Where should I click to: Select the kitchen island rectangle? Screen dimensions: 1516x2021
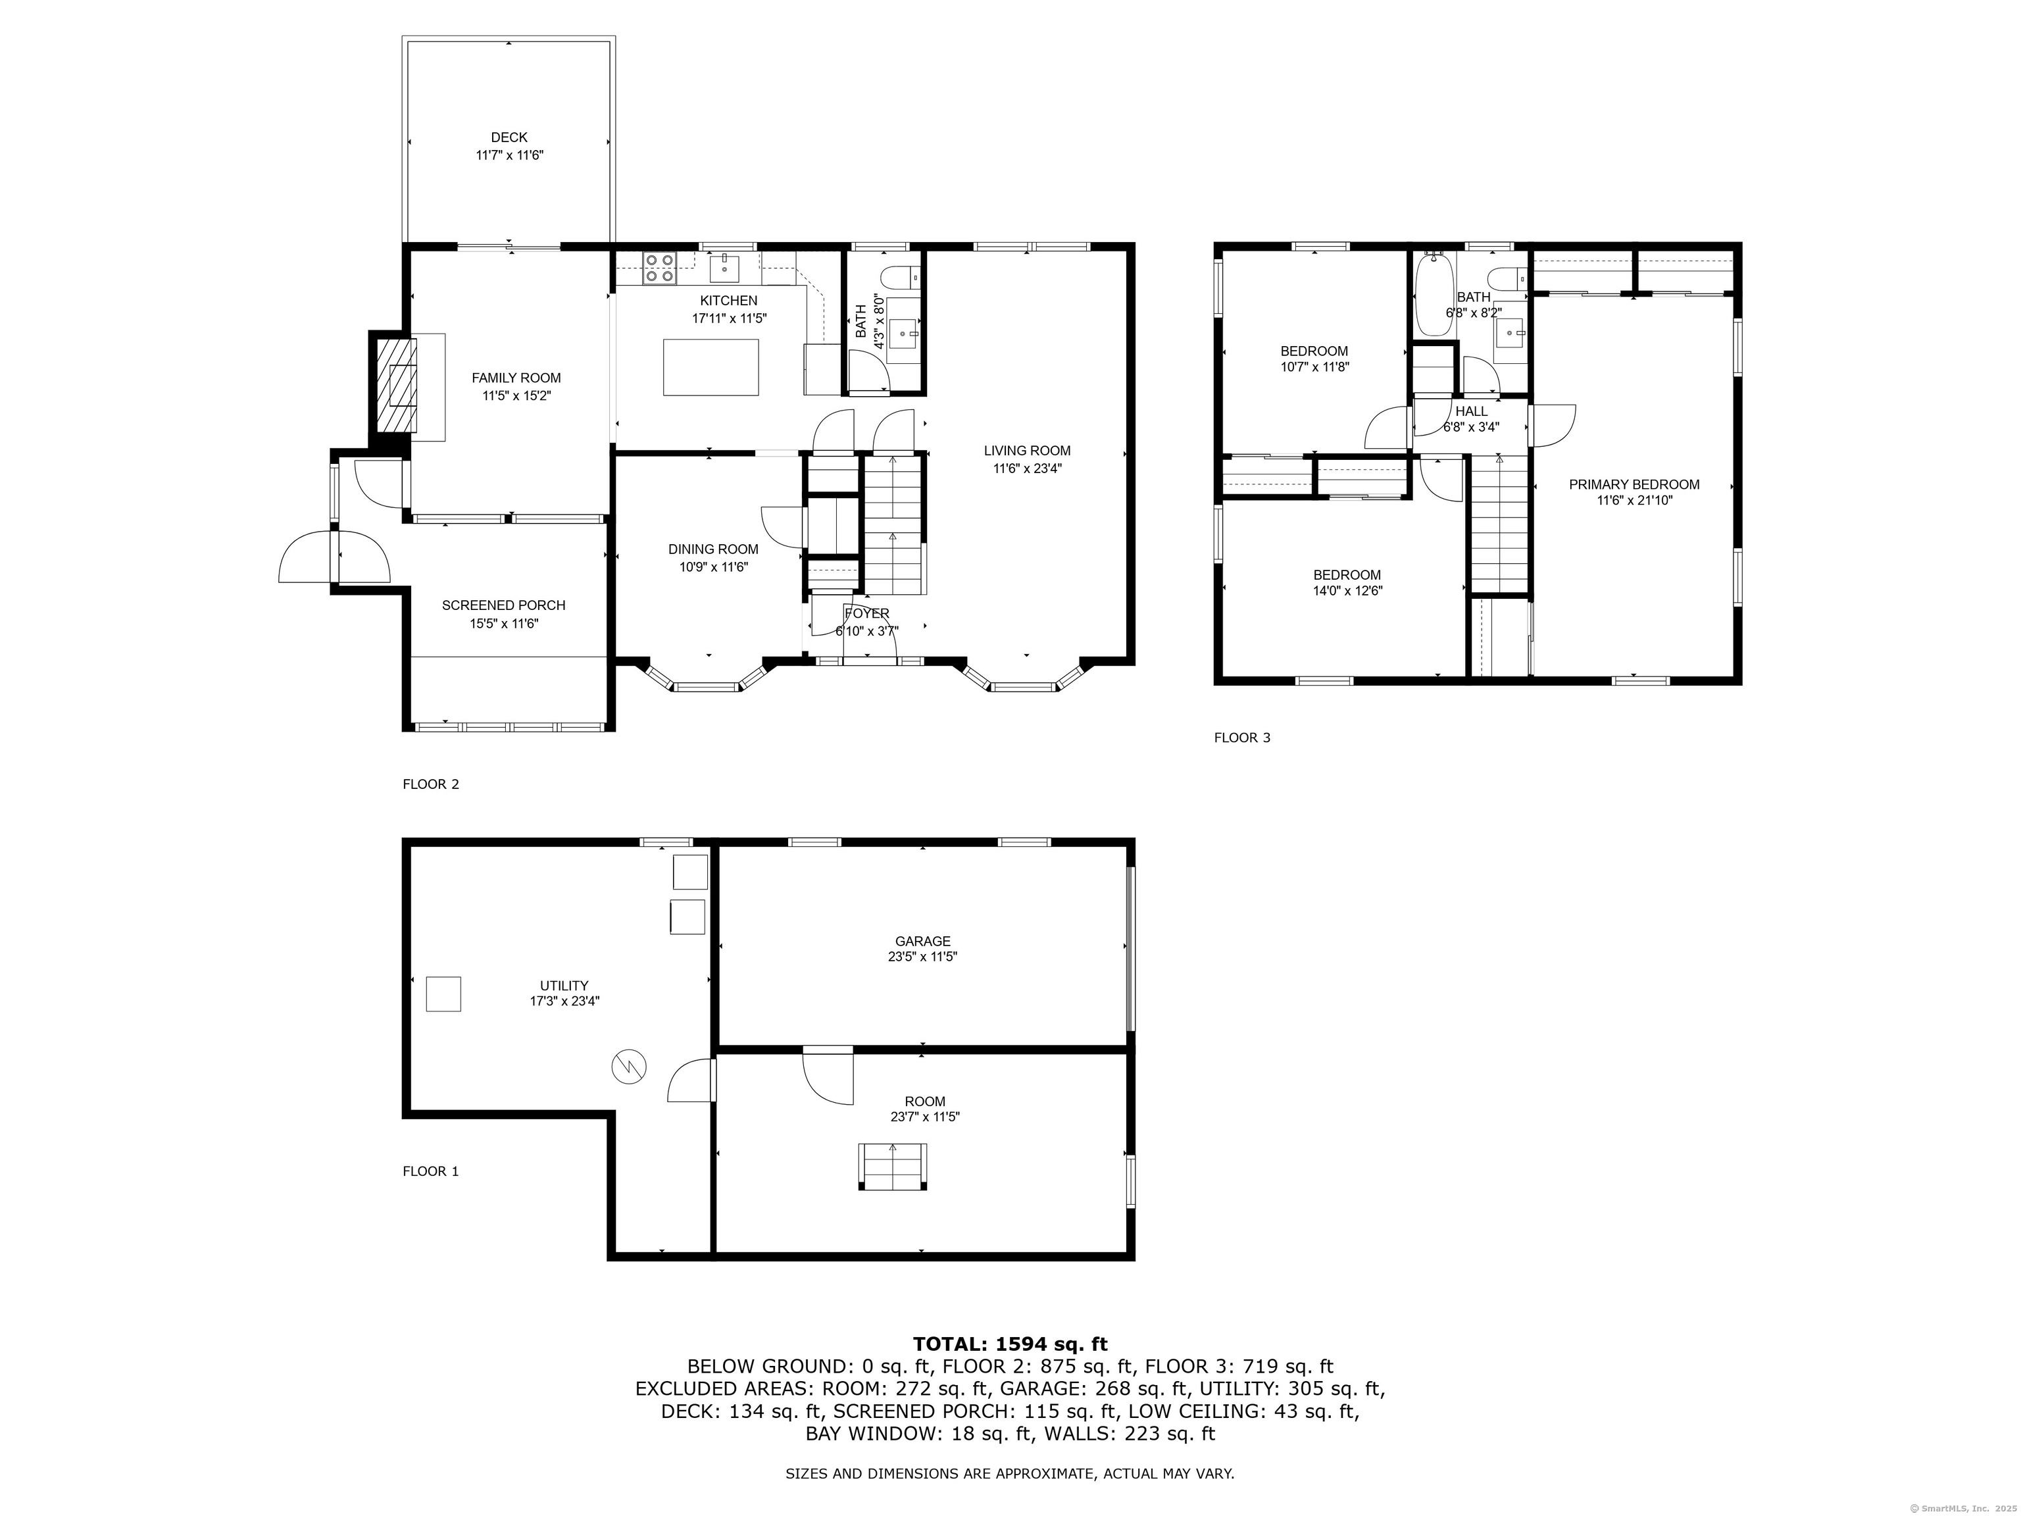711,367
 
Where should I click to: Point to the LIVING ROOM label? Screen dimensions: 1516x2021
1027,451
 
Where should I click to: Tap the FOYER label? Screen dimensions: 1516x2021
866,613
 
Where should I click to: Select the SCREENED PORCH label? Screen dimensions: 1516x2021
503,605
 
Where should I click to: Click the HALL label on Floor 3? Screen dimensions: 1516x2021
1471,411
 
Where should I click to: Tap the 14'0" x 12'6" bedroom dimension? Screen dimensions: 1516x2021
1347,590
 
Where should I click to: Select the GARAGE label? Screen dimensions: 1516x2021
923,941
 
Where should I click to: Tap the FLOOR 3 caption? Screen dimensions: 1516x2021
1241,738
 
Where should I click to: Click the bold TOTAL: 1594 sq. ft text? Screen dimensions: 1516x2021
1010,1344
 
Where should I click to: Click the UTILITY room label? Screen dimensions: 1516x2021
564,985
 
